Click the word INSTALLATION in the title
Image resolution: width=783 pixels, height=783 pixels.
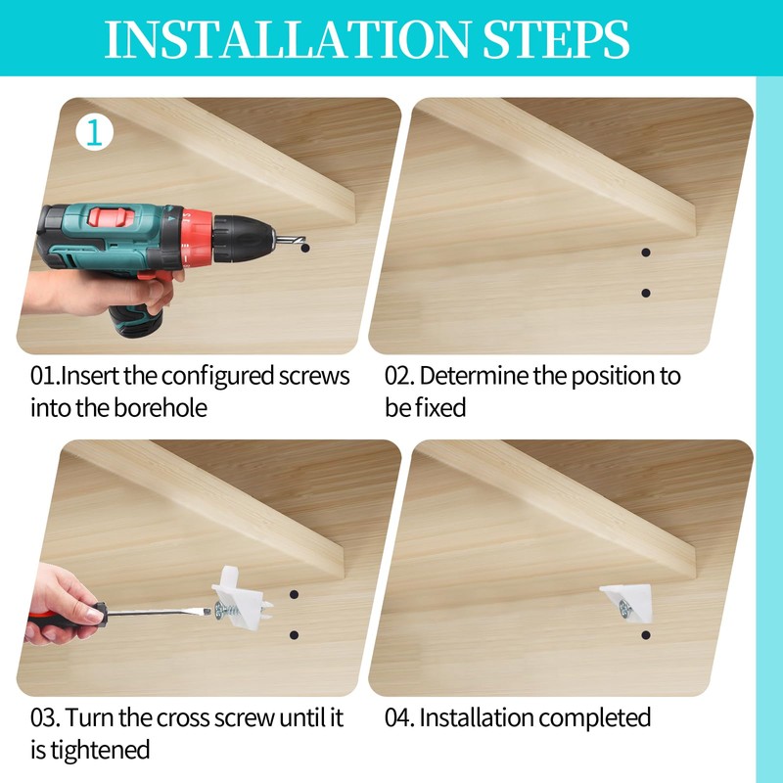[287, 39]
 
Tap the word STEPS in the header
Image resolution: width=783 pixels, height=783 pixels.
[556, 39]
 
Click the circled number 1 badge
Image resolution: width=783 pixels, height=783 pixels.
[94, 133]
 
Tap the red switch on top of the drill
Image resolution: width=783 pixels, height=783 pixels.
[112, 217]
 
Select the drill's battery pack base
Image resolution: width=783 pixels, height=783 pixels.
[136, 321]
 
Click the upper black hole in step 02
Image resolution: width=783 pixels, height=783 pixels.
[646, 253]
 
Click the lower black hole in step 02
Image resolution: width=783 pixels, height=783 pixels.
[646, 293]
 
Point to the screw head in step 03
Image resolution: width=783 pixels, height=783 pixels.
[218, 610]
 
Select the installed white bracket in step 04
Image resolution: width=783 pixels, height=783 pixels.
[627, 603]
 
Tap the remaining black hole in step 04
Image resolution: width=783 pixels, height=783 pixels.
[646, 635]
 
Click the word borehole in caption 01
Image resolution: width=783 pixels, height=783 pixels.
[161, 408]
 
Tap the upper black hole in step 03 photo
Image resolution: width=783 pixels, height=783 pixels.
[295, 595]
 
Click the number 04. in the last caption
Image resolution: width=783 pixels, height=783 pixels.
[399, 718]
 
